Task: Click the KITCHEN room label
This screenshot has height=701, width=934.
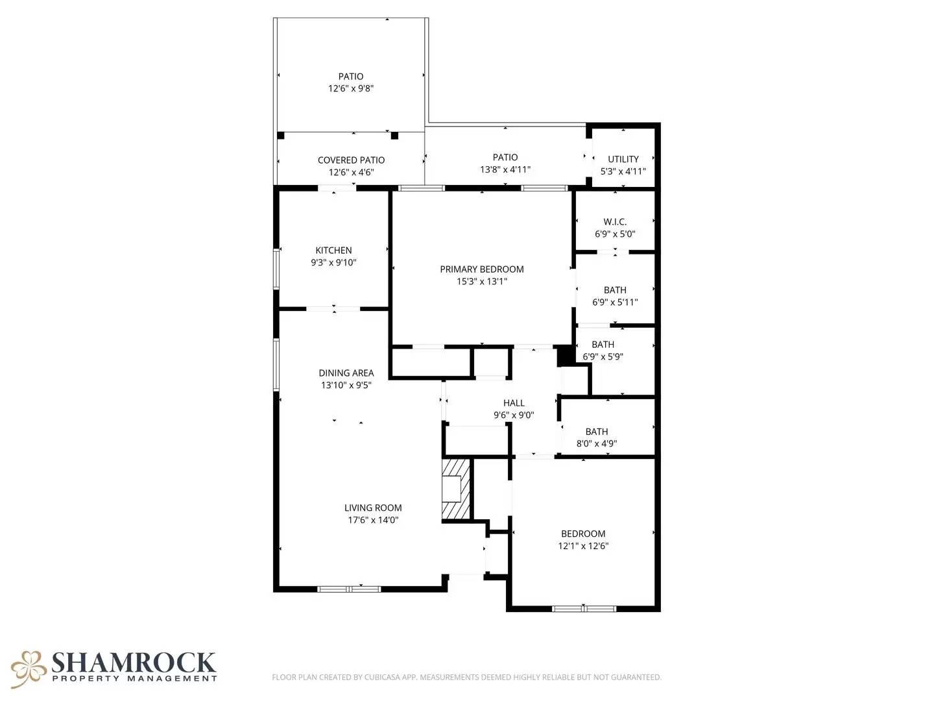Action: point(333,251)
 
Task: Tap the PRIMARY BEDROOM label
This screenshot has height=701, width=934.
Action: point(481,269)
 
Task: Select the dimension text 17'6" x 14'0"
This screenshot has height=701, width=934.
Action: point(373,520)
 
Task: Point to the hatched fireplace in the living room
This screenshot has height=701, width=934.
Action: point(456,489)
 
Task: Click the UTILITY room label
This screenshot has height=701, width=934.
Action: point(623,159)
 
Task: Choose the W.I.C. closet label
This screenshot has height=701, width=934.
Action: point(615,222)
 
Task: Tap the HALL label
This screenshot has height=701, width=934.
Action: point(514,403)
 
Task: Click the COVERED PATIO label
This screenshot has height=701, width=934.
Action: point(351,160)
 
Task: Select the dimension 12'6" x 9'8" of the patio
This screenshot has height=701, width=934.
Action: point(351,89)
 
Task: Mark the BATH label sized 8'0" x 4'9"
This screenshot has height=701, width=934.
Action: point(597,432)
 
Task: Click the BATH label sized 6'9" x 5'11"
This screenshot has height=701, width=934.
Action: point(615,290)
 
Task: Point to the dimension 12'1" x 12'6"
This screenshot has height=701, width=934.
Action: point(583,546)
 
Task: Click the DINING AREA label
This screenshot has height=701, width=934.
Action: point(346,373)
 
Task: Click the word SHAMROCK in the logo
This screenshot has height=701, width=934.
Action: point(133,663)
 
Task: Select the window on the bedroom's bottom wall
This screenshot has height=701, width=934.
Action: point(583,608)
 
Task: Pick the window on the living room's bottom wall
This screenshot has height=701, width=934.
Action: point(349,589)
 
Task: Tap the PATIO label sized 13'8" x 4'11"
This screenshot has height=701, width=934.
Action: point(505,157)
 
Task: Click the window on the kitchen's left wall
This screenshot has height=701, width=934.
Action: point(276,269)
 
